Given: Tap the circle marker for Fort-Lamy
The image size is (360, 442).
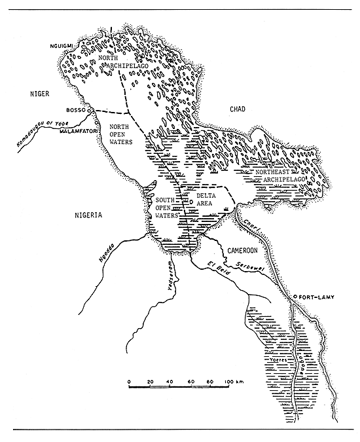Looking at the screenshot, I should click(x=295, y=297).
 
